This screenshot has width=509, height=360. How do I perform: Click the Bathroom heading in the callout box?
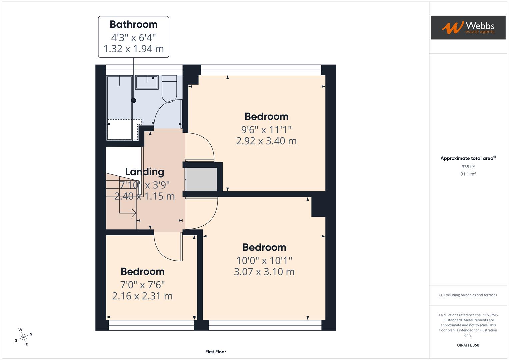[x=133, y=24]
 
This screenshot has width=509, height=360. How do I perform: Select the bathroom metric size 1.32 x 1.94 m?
[x=133, y=49]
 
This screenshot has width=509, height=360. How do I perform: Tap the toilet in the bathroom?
[x=169, y=88]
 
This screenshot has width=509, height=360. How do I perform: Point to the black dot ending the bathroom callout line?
[x=134, y=100]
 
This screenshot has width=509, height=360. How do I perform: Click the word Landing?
[x=144, y=172]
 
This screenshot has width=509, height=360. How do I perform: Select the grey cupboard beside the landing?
[x=201, y=179]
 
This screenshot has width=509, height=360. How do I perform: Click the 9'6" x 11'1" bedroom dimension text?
[x=266, y=129]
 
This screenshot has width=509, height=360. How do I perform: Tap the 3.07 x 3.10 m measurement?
[x=264, y=272]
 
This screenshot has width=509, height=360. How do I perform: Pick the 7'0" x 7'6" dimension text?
[x=142, y=285]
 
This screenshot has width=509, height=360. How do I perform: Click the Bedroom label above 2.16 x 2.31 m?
[x=142, y=272]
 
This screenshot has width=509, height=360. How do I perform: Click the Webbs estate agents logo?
[x=468, y=28]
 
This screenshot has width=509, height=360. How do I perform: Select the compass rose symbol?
[x=23, y=337]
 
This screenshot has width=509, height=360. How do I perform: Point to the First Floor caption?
[x=215, y=352]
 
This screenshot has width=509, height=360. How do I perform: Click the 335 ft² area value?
[x=468, y=167]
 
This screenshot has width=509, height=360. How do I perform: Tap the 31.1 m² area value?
[x=468, y=174]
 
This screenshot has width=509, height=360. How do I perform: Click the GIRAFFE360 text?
[x=468, y=345]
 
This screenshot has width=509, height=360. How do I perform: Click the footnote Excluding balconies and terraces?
[x=468, y=295]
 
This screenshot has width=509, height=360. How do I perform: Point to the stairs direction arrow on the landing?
[x=133, y=213]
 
